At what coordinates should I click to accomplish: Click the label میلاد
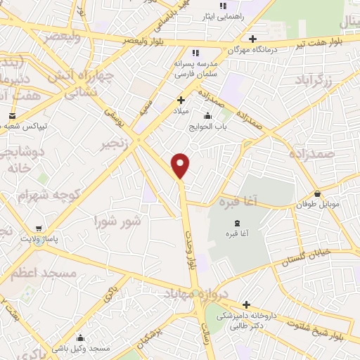point(181,111)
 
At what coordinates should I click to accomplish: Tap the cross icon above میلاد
point(181,101)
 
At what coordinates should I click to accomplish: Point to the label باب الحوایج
point(207,127)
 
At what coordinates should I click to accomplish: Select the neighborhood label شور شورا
point(118,221)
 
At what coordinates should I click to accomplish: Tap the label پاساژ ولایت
point(37,239)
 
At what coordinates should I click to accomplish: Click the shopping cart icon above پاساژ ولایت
point(37,229)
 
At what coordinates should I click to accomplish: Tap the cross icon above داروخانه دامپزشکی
point(246,304)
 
